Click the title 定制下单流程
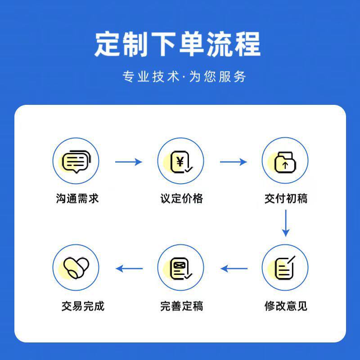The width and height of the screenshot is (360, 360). pyautogui.click(x=177, y=44)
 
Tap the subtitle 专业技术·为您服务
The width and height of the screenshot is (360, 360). pyautogui.click(x=184, y=76)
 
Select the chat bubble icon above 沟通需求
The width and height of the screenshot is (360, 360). pyautogui.click(x=76, y=161)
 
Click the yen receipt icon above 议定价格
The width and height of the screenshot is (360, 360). pyautogui.click(x=180, y=161)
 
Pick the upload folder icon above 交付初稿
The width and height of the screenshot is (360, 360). pyautogui.click(x=285, y=161)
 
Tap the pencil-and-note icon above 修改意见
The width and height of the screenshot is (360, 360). pyautogui.click(x=285, y=268)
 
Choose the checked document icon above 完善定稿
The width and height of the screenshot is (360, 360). pyautogui.click(x=180, y=268)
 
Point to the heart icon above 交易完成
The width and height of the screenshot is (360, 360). pyautogui.click(x=76, y=268)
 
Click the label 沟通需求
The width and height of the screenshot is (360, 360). pyautogui.click(x=77, y=198)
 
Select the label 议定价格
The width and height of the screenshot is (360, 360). pyautogui.click(x=181, y=198)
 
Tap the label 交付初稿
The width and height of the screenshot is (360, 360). pyautogui.click(x=286, y=198)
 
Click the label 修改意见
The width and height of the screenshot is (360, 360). pyautogui.click(x=286, y=306)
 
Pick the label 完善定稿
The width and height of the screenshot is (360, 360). pyautogui.click(x=181, y=306)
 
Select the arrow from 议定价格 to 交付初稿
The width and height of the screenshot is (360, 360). pyautogui.click(x=233, y=162)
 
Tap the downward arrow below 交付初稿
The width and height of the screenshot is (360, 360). pyautogui.click(x=285, y=223)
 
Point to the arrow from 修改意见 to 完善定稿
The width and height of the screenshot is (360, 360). pyautogui.click(x=234, y=269)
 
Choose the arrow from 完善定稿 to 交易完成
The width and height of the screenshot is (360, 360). pyautogui.click(x=129, y=269)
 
